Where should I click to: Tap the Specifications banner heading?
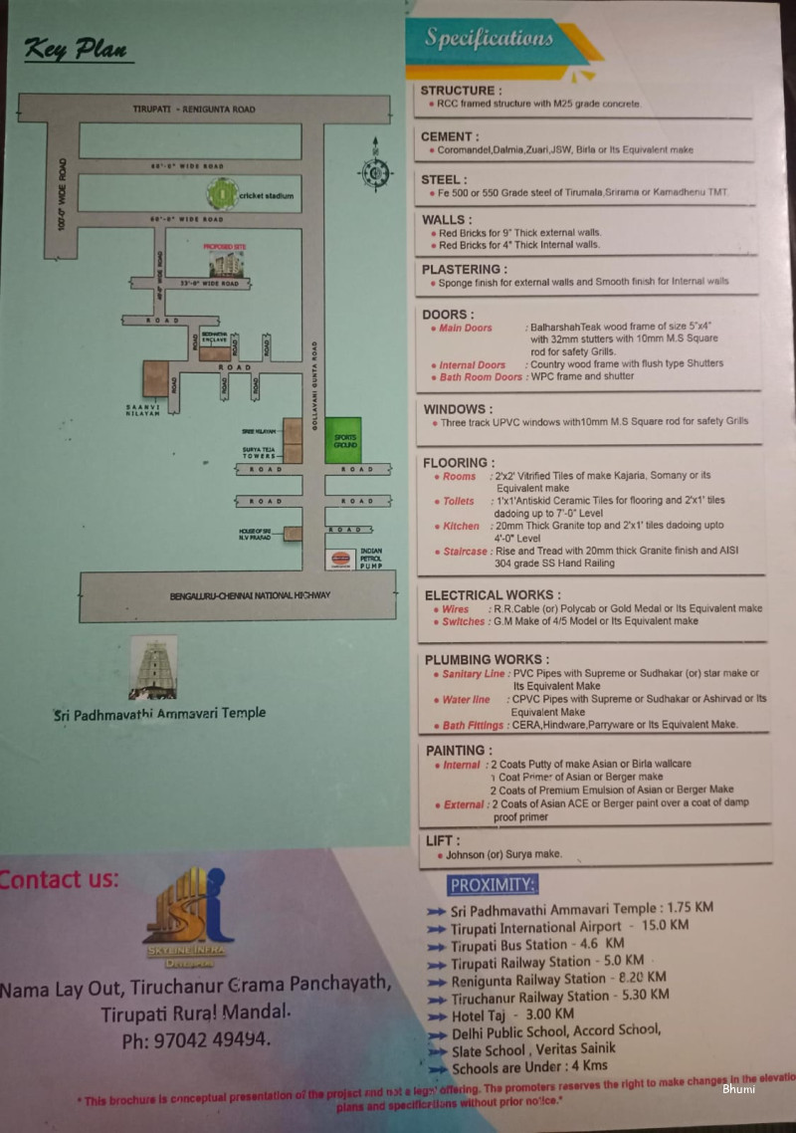(489, 39)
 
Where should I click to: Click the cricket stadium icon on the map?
(222, 193)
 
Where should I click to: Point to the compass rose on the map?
(375, 170)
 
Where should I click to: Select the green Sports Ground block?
(344, 439)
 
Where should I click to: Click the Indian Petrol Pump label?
(370, 560)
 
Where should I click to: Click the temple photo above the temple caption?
(153, 667)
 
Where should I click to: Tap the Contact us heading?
(59, 879)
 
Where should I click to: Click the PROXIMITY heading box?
(493, 885)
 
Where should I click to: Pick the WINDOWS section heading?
(458, 409)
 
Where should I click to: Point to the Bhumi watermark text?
(738, 1088)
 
